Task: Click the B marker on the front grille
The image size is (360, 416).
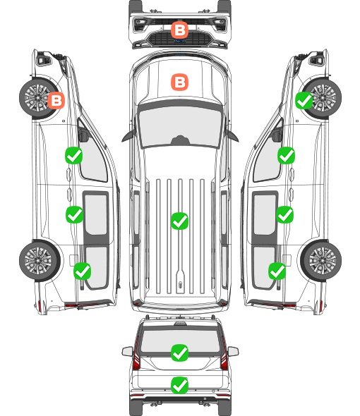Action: [179, 30]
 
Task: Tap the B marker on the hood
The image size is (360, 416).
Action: [179, 82]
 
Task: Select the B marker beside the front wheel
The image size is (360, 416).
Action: [56, 100]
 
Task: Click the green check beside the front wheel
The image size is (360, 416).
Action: [304, 100]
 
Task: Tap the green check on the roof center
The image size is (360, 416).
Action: [179, 221]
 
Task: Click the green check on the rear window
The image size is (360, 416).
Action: [179, 353]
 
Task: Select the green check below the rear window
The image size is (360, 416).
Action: [179, 385]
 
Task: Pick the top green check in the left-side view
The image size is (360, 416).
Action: [74, 155]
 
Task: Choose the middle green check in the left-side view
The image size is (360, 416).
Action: [74, 214]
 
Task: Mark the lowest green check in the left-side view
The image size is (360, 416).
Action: [83, 271]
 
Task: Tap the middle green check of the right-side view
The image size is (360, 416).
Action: [285, 214]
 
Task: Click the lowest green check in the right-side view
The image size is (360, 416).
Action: [277, 271]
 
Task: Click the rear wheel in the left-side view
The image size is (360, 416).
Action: [40, 261]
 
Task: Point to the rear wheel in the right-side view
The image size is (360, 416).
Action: [321, 261]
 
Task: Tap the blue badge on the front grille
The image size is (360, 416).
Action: [180, 41]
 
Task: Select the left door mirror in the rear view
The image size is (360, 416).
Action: [127, 351]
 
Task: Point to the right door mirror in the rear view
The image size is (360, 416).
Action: [233, 351]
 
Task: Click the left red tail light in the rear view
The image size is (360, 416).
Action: [136, 354]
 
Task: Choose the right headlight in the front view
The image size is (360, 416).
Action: [220, 24]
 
